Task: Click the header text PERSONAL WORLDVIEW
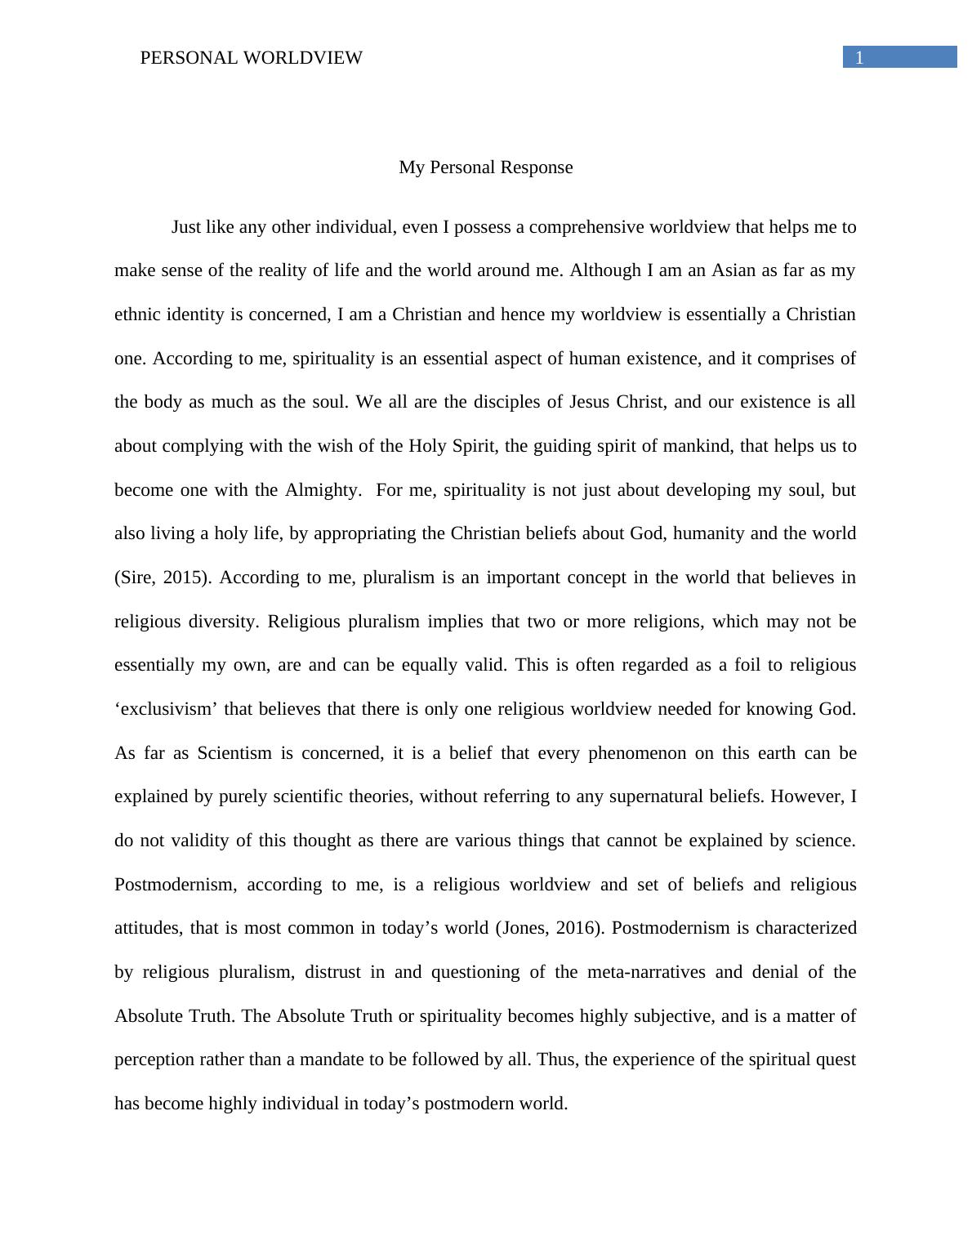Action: coord(251,58)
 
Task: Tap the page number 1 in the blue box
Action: coord(859,57)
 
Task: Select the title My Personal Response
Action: coord(485,167)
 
